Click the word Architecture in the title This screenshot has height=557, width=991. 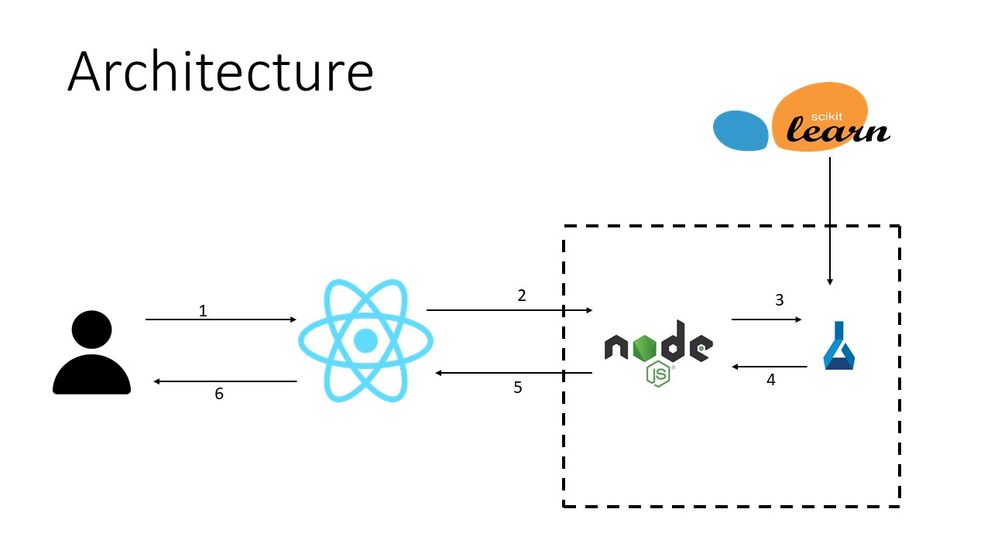pyautogui.click(x=221, y=71)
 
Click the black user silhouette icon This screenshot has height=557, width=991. pyautogui.click(x=91, y=352)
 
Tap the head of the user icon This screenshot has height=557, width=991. pyautogui.click(x=91, y=330)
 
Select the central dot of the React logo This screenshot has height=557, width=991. pyautogui.click(x=366, y=341)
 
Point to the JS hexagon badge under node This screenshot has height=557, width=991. pyautogui.click(x=658, y=374)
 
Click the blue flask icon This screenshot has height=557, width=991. pyautogui.click(x=838, y=345)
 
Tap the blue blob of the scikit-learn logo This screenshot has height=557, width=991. pyautogui.click(x=741, y=131)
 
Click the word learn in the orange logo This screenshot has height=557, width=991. pyautogui.click(x=838, y=130)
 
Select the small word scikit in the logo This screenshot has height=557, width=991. pyautogui.click(x=826, y=116)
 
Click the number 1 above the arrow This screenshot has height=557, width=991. pyautogui.click(x=203, y=311)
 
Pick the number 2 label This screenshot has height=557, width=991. pyautogui.click(x=522, y=296)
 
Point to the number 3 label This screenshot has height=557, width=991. pyautogui.click(x=780, y=300)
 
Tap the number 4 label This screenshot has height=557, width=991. pyautogui.click(x=771, y=380)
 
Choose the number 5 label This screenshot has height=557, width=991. pyautogui.click(x=518, y=388)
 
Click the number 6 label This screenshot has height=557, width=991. pyautogui.click(x=219, y=394)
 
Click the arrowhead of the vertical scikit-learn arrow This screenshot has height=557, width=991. pyautogui.click(x=830, y=282)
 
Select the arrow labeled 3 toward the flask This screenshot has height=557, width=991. pyautogui.click(x=766, y=320)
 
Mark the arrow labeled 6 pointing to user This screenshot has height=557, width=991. pyautogui.click(x=225, y=381)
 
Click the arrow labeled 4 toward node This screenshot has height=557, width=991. pyautogui.click(x=770, y=367)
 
